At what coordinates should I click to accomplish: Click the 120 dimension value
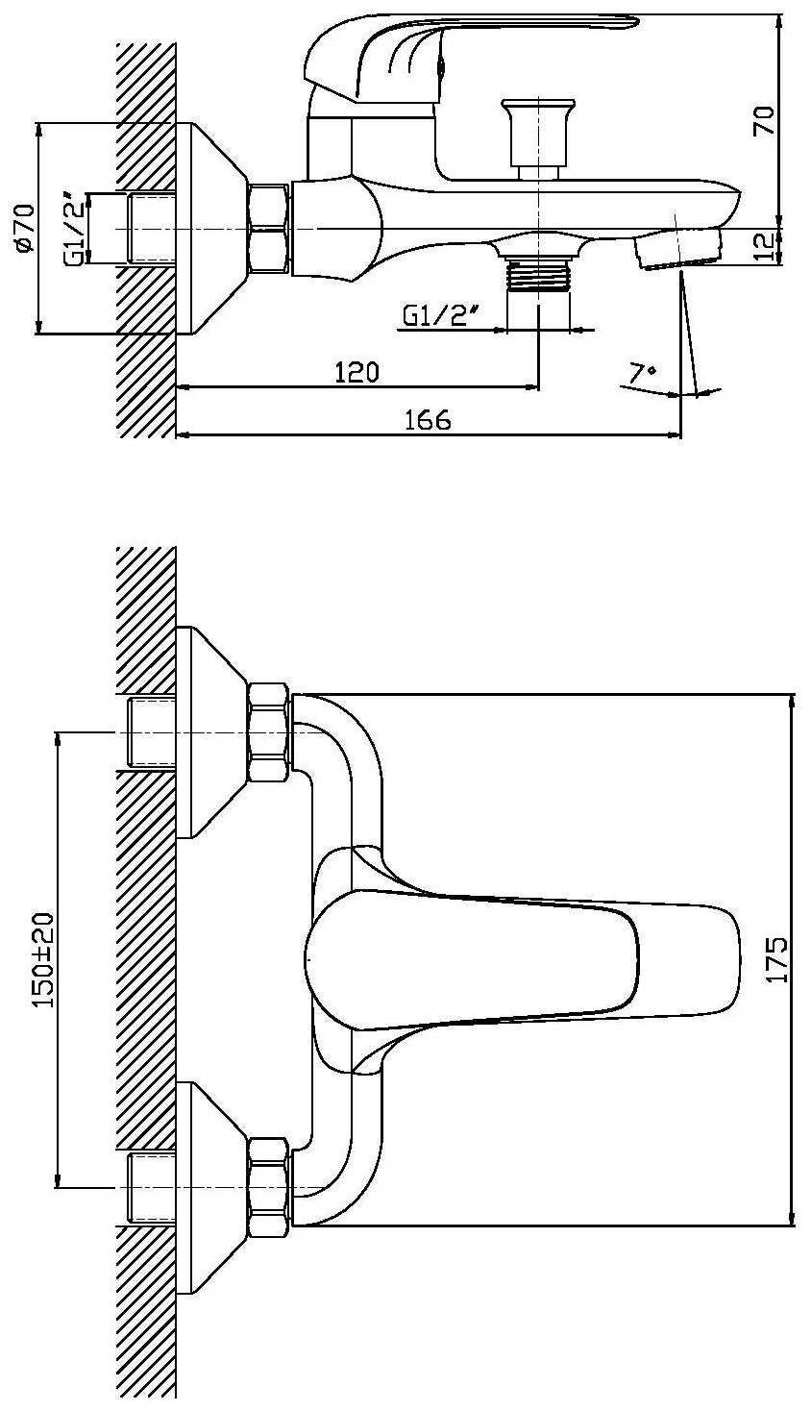coord(357,372)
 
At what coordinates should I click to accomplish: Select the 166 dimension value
coord(429,420)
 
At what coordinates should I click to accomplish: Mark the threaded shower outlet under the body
coord(538,273)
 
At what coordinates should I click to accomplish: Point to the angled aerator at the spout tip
coord(676,250)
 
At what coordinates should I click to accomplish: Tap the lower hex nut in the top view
coord(268,1188)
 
